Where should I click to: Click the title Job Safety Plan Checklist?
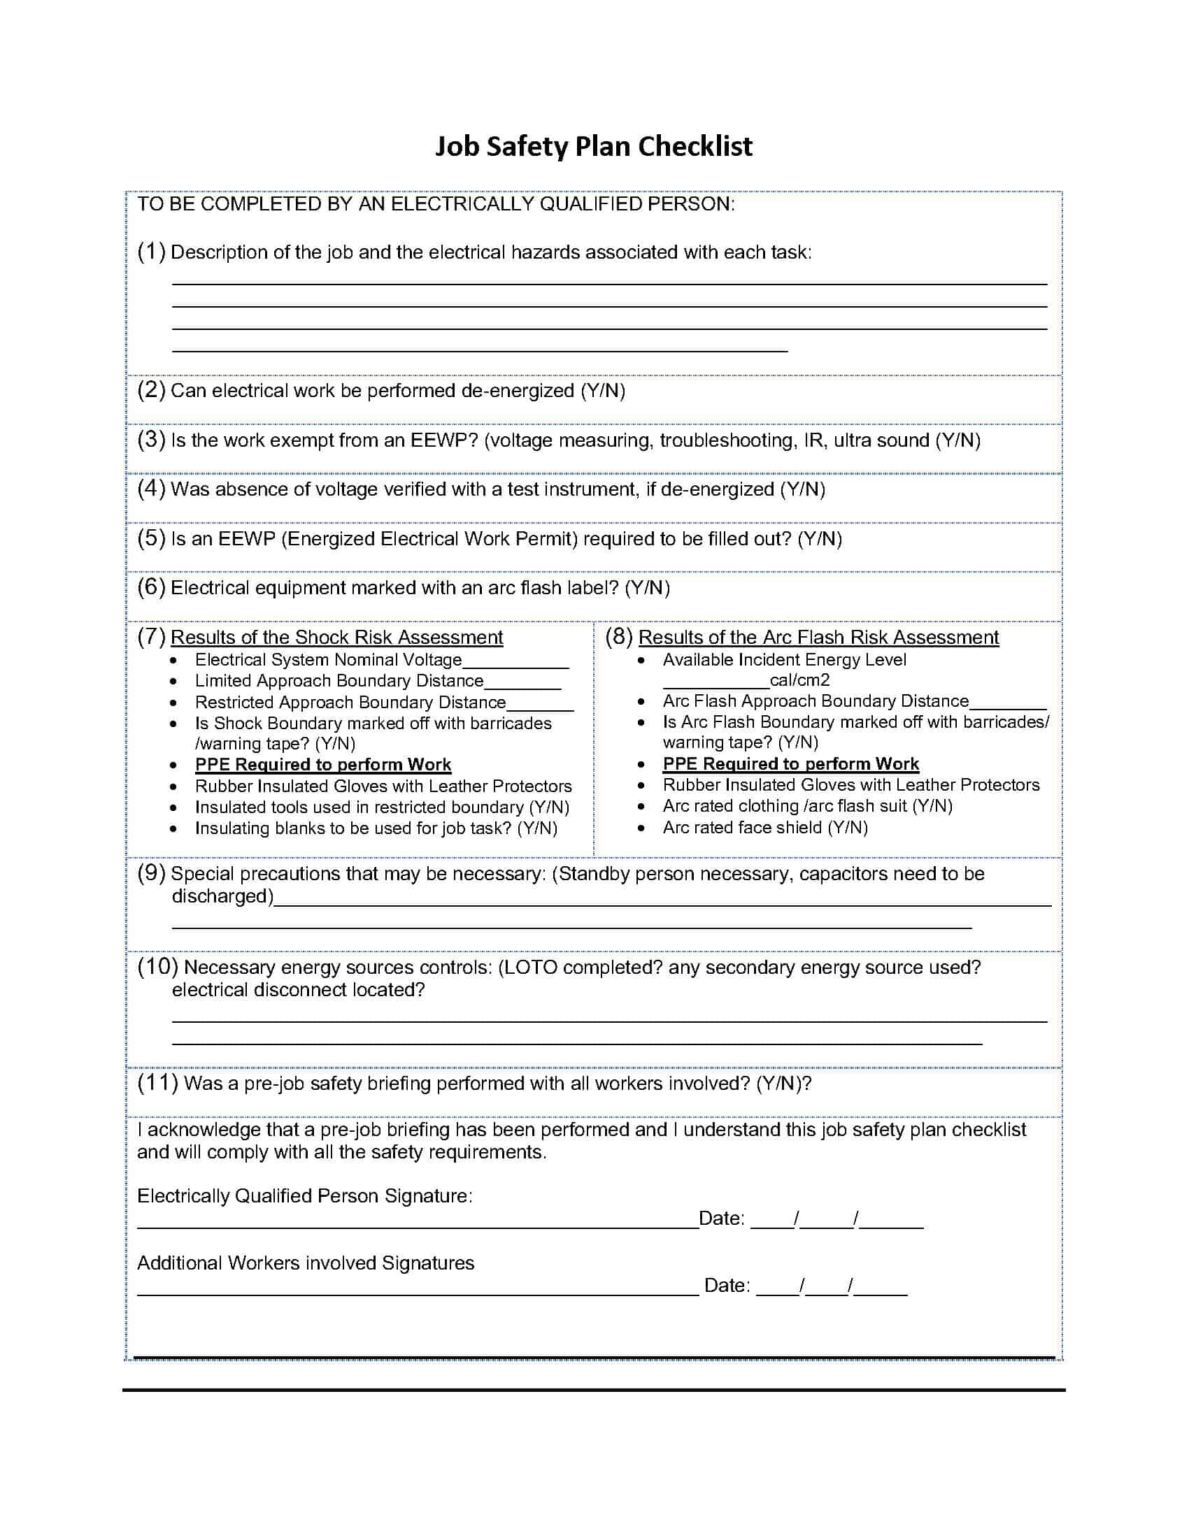pyautogui.click(x=594, y=147)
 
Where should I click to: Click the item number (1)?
pyautogui.click(x=152, y=252)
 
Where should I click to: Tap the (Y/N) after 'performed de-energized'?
pyautogui.click(x=603, y=391)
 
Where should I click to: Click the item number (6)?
pyautogui.click(x=152, y=587)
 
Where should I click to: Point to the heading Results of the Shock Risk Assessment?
pyautogui.click(x=336, y=638)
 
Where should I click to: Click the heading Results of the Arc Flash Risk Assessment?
pyautogui.click(x=818, y=638)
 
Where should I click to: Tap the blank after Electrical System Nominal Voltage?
pyautogui.click(x=515, y=662)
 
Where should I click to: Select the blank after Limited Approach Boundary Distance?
pyautogui.click(x=522, y=683)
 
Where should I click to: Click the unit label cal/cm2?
pyautogui.click(x=799, y=680)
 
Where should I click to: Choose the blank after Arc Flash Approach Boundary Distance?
pyautogui.click(x=1008, y=703)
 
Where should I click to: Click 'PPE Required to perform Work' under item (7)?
pyautogui.click(x=322, y=765)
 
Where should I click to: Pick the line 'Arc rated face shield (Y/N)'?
pyautogui.click(x=765, y=828)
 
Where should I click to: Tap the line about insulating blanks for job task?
pyautogui.click(x=376, y=828)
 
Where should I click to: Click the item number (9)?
pyautogui.click(x=152, y=873)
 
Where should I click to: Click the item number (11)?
pyautogui.click(x=157, y=1082)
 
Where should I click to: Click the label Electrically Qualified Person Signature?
pyautogui.click(x=304, y=1195)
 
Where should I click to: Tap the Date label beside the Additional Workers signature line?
pyautogui.click(x=726, y=1286)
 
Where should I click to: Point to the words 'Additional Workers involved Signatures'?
pyautogui.click(x=306, y=1263)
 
